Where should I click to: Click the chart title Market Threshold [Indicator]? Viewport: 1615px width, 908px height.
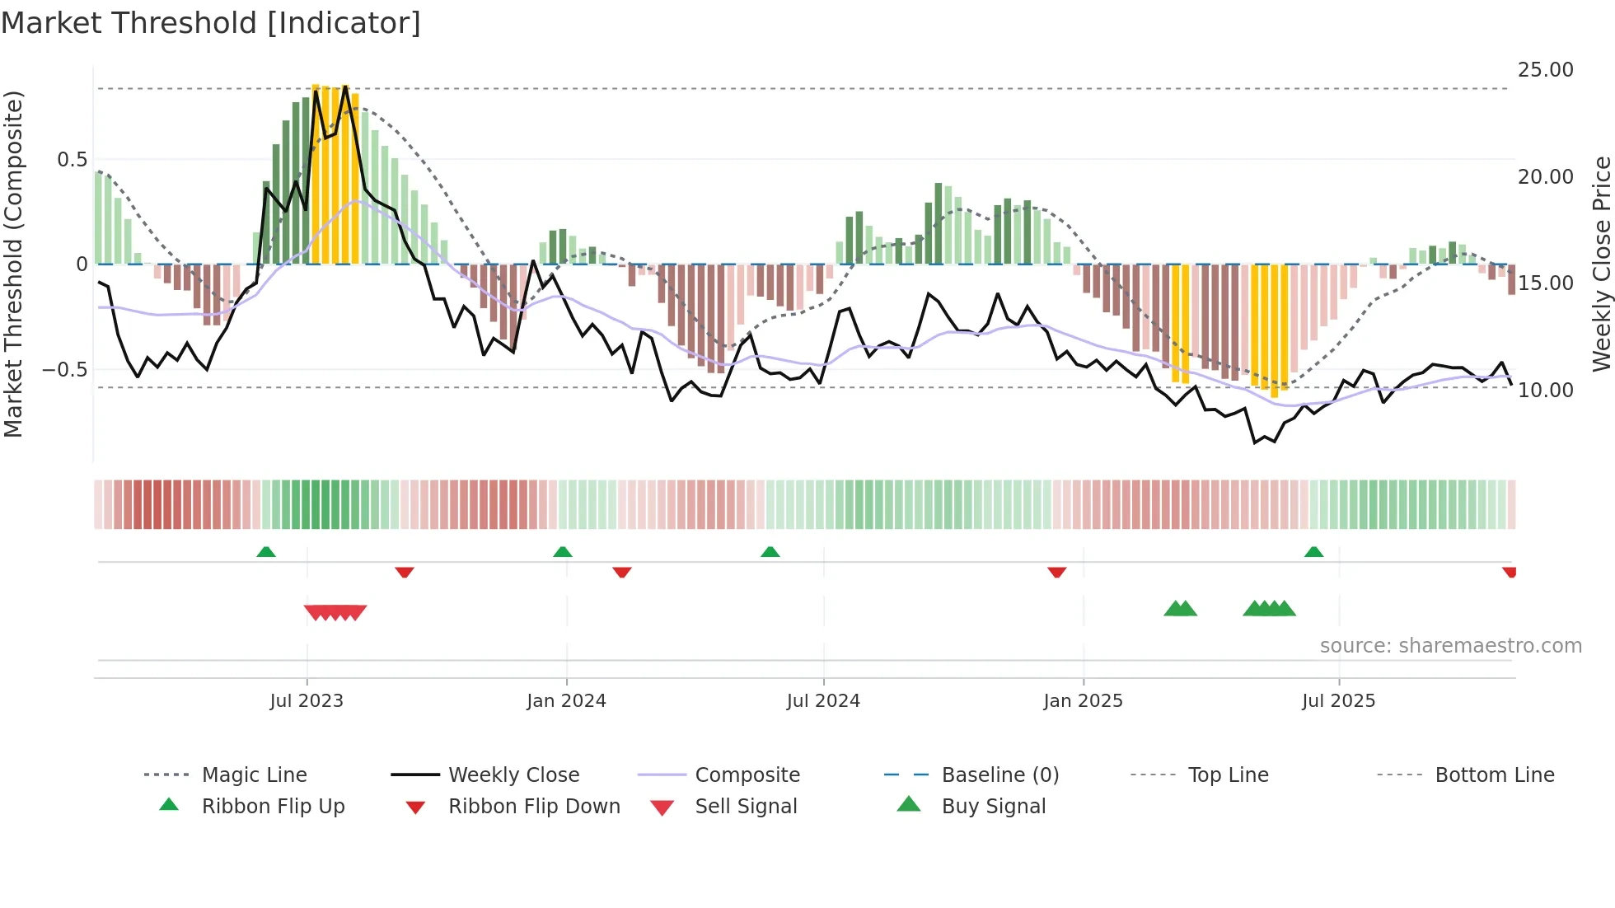(x=211, y=23)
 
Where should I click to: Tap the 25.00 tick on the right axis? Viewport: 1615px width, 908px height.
(x=1545, y=70)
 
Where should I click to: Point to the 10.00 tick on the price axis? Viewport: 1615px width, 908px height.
(x=1545, y=390)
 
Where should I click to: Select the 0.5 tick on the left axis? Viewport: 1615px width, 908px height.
(x=72, y=159)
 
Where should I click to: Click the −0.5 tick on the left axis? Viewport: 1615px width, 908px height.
(x=64, y=370)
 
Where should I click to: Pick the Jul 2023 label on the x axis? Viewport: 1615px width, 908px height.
(x=307, y=701)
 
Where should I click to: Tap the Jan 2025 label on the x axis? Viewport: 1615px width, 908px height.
(x=1083, y=701)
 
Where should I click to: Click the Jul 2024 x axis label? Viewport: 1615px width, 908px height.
(x=823, y=701)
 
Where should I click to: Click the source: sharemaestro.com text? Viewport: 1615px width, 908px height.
(x=1450, y=646)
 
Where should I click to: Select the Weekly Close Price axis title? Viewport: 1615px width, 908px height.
(x=1601, y=264)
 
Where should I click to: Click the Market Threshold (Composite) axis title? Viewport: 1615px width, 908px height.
(x=13, y=264)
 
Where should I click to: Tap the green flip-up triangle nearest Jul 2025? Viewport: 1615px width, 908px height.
(x=1313, y=552)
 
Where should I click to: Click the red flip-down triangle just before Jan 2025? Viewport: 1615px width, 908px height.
(x=1056, y=572)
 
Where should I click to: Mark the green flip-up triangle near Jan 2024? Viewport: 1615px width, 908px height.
(x=563, y=552)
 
